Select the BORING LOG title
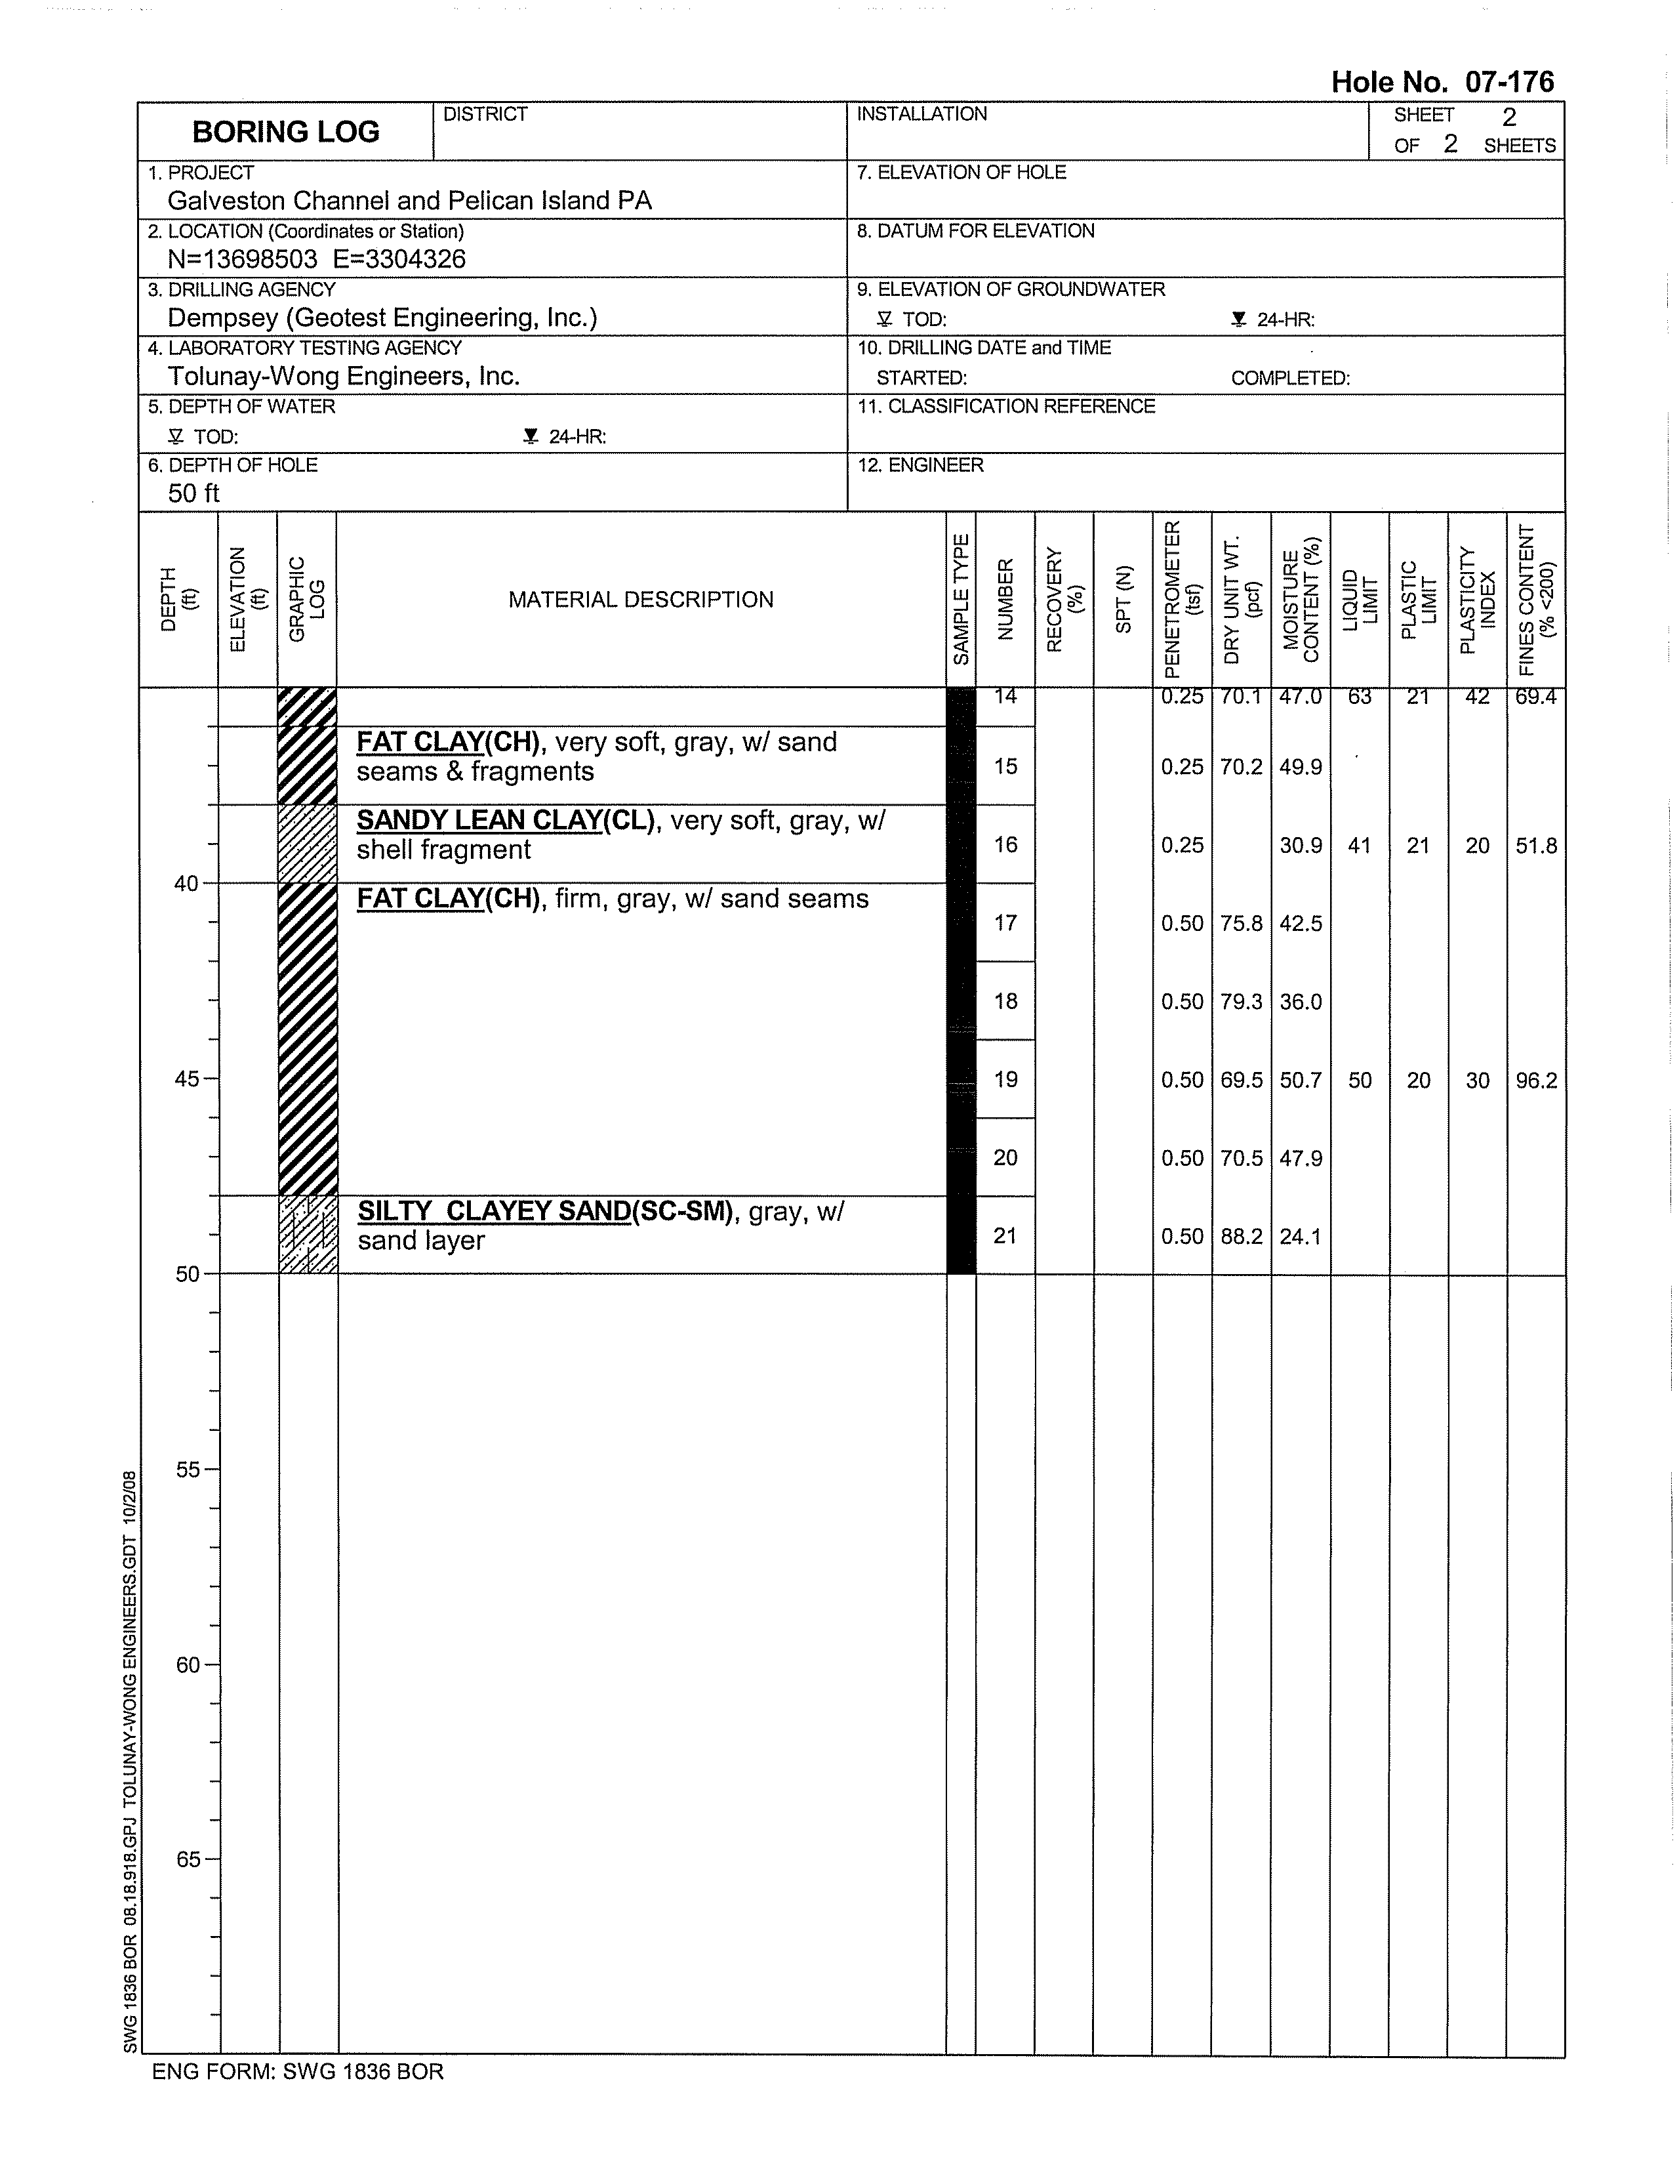click(285, 132)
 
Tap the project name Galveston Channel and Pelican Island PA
click(409, 201)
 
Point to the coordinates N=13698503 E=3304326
click(316, 260)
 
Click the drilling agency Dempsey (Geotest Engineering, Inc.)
click(382, 318)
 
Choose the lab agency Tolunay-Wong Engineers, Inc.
click(343, 377)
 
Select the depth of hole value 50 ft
click(193, 493)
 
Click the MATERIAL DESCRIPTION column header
click(640, 600)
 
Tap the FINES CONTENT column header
click(1536, 600)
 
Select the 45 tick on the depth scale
click(188, 1079)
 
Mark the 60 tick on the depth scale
click(188, 1665)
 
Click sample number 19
click(1005, 1079)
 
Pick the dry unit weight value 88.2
click(1241, 1236)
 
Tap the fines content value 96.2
click(1536, 1081)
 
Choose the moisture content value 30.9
click(1301, 846)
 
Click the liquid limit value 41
click(1359, 846)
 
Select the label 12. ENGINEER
click(920, 466)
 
